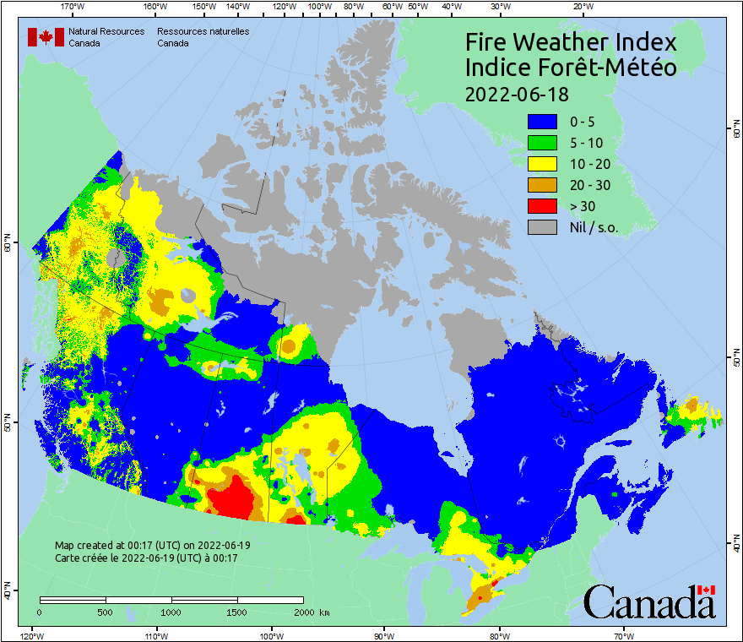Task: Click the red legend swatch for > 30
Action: pos(542,205)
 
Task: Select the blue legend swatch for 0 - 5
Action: pos(542,122)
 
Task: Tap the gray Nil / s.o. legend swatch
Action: pos(542,226)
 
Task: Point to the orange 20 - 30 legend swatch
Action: pos(542,184)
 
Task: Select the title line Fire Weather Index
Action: pos(571,42)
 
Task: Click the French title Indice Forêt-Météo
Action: pos(571,68)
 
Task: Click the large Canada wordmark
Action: pos(648,603)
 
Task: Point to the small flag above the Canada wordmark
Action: pos(706,590)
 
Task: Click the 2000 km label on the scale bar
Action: pos(309,612)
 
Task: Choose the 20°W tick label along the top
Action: pos(581,7)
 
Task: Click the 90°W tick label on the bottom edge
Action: pos(384,635)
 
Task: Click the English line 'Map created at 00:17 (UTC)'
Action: pos(152,546)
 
